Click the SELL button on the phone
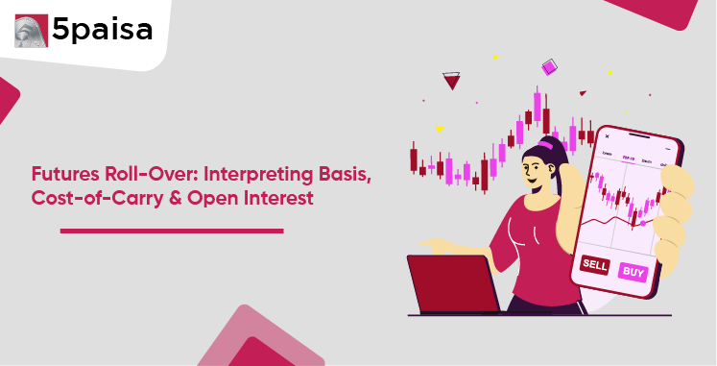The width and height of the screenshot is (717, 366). click(x=595, y=264)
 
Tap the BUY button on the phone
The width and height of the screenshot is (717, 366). click(x=633, y=272)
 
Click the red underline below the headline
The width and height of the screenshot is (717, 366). click(x=171, y=231)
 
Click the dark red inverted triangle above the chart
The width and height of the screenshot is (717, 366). click(x=451, y=81)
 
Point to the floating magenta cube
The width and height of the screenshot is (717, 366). click(x=549, y=67)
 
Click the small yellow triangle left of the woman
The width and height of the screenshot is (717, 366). click(x=439, y=129)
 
